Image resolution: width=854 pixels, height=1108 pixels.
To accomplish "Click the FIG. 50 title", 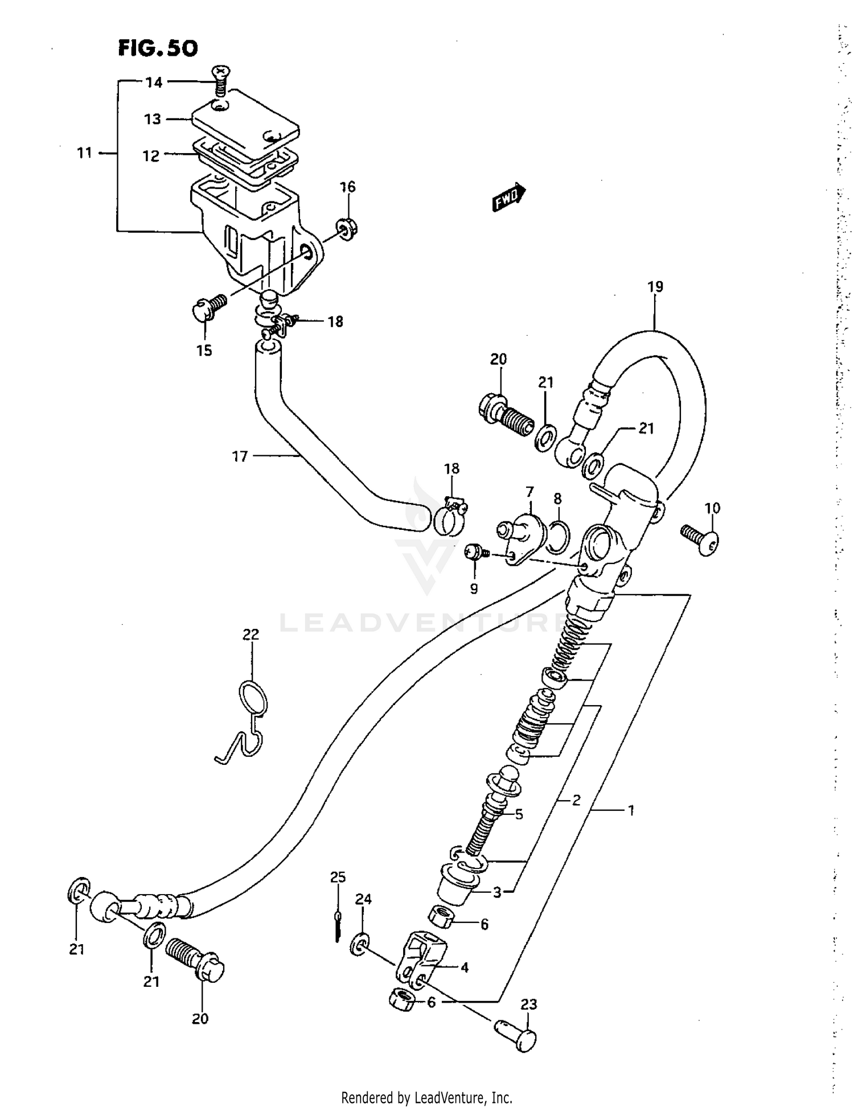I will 158,48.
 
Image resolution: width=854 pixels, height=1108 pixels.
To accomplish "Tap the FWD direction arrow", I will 508,197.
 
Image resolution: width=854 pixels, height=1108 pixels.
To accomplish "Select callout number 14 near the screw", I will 153,83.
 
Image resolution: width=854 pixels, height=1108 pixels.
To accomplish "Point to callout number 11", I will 84,153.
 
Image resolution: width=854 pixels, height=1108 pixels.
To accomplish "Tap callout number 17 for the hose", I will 240,456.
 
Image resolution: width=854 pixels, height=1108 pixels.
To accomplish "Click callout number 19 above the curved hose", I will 655,286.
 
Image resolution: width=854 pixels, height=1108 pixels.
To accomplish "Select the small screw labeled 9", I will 474,551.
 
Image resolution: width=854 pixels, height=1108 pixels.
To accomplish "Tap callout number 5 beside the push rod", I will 519,814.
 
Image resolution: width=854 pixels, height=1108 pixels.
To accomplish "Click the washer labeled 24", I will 360,946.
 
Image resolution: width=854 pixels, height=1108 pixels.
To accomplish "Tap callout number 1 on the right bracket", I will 630,810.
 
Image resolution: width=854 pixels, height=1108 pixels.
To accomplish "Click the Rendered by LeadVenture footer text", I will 426,1097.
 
